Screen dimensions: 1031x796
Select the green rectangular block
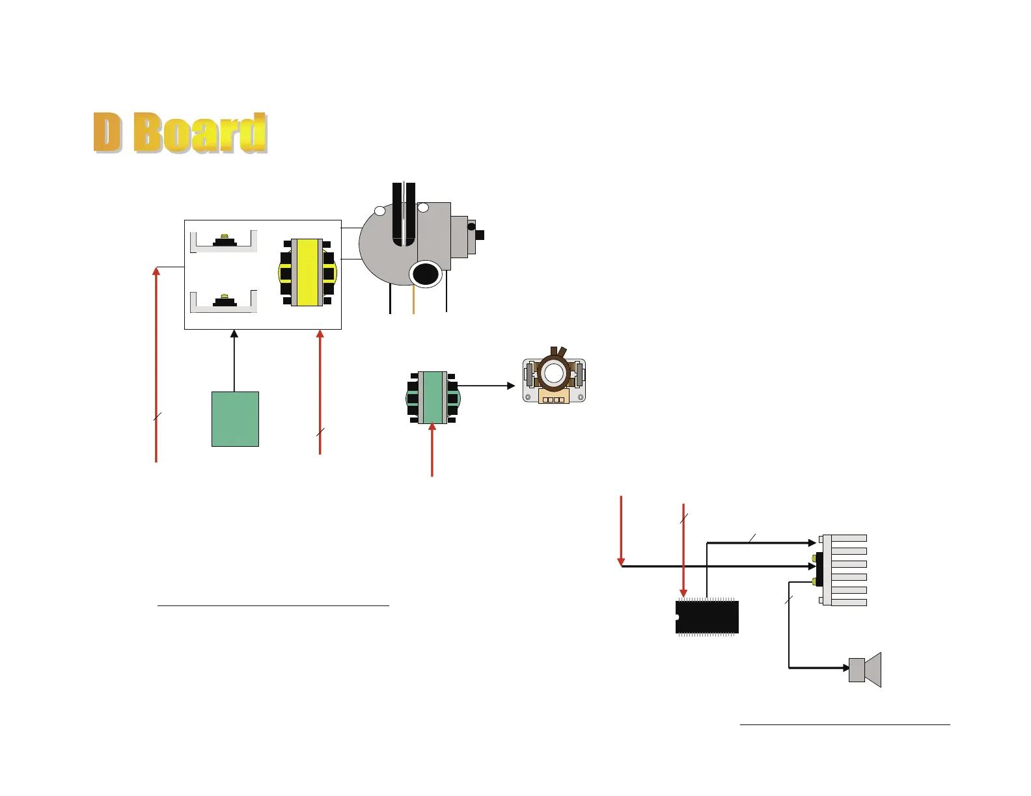tap(235, 419)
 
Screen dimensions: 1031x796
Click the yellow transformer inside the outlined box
tap(307, 272)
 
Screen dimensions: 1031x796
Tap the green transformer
tap(433, 397)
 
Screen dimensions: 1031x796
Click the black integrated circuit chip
tap(707, 617)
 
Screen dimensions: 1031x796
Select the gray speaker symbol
tap(865, 669)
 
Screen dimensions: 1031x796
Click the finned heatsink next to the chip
tap(843, 570)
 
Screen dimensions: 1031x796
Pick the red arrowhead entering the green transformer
tap(432, 428)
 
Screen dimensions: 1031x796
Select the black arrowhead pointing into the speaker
tap(844, 667)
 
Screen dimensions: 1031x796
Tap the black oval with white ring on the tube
tap(425, 273)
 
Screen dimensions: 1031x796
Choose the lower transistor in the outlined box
tap(224, 300)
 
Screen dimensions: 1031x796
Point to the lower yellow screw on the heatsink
tap(814, 581)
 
